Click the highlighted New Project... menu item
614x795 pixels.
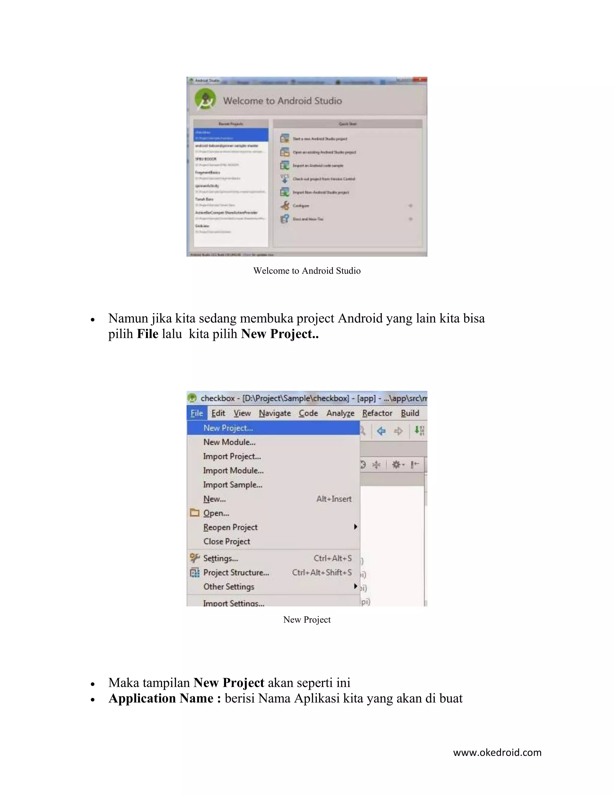[x=228, y=428]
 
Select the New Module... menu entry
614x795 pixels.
[x=229, y=442]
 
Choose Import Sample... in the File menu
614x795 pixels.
[x=232, y=485]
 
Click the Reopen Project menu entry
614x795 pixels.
[x=230, y=527]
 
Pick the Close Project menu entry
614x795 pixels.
[x=227, y=541]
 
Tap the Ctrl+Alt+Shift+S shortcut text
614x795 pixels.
[x=322, y=573]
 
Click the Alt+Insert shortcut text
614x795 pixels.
[x=334, y=499]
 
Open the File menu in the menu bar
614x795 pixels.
[x=197, y=413]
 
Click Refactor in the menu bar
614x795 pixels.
[x=377, y=413]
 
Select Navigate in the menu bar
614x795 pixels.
[x=275, y=413]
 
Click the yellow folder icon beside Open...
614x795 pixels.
[x=195, y=513]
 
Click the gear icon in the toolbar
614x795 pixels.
[x=396, y=464]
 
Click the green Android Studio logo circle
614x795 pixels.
[x=205, y=99]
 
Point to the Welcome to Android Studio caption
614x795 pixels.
[x=307, y=271]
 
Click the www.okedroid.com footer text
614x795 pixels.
[x=497, y=752]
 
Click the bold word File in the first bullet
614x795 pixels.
[x=147, y=334]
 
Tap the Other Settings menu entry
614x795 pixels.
[x=228, y=587]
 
